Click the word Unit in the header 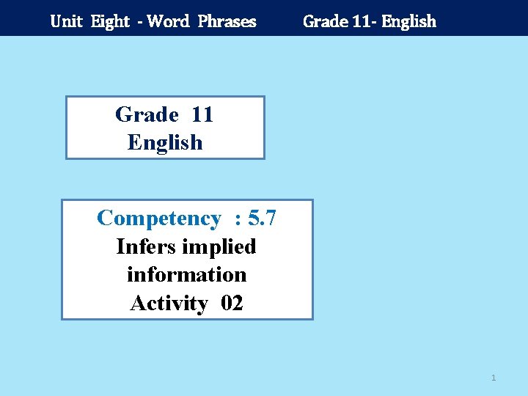66,21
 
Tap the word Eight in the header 111,21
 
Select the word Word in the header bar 168,21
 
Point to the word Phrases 227,21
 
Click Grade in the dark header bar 324,21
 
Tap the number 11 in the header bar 361,21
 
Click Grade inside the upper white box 147,114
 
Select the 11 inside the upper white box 202,114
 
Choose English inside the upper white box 165,142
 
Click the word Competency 158,219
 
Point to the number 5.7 262,219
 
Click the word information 186,274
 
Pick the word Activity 169,302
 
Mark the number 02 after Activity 231,302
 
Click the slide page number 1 494,378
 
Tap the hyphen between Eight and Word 138,22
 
